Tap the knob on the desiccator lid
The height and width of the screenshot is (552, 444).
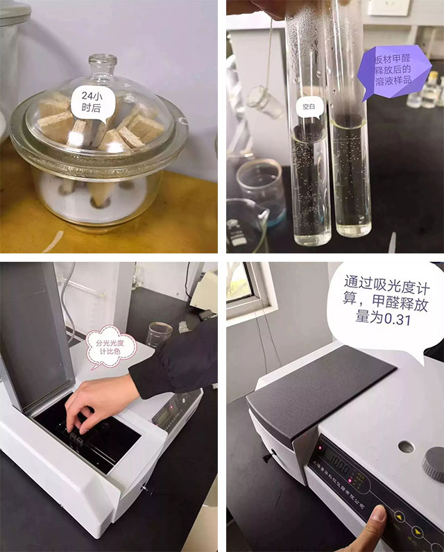coord(105,65)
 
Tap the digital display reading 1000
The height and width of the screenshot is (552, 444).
coord(339,462)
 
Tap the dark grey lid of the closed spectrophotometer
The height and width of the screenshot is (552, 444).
coord(319,389)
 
